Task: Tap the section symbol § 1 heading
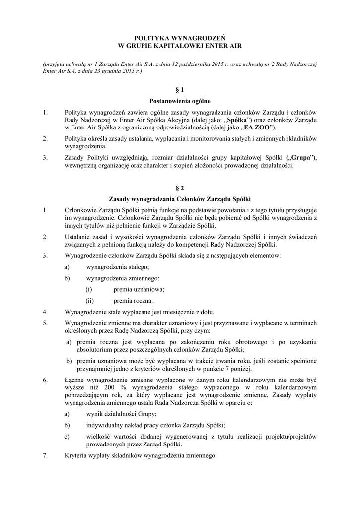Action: [180, 90]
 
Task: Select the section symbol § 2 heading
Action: [180, 188]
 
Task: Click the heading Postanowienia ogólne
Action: [180, 101]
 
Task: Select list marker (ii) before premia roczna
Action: [89, 301]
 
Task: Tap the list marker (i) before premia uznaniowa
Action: [89, 289]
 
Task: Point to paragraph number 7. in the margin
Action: [45, 456]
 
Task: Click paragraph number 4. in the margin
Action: [45, 312]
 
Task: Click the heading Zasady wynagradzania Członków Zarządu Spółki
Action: [180, 199]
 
